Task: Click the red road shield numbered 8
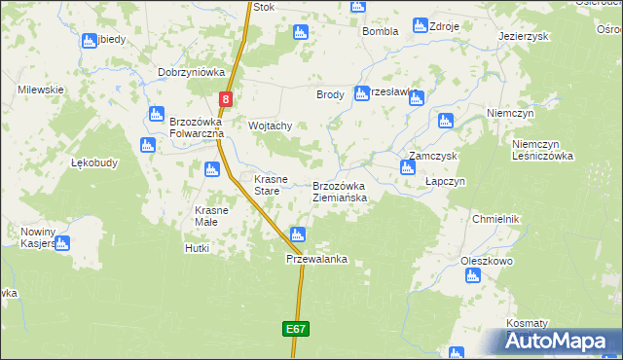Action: point(226,98)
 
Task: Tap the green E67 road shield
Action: point(297,330)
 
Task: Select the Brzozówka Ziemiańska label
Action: point(339,192)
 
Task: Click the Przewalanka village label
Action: point(316,260)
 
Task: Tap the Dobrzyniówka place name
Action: point(192,72)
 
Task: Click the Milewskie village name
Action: point(41,90)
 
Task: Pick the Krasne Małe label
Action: point(211,216)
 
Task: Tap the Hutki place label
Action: point(197,248)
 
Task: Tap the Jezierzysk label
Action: point(524,35)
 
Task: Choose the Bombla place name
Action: point(381,31)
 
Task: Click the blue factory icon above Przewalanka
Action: point(299,234)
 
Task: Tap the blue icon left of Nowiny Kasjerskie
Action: point(62,243)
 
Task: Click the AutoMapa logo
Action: point(556,342)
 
